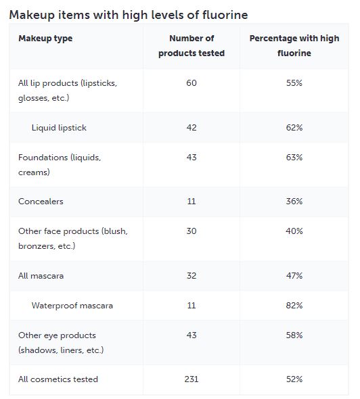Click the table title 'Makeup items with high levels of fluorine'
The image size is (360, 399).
point(129,15)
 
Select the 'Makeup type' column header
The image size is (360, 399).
point(45,39)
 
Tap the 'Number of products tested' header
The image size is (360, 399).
point(192,45)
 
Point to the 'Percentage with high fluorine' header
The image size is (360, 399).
point(294,45)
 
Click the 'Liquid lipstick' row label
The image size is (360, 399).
point(59,128)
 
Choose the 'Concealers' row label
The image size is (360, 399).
point(41,202)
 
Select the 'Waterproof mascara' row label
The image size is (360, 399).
point(72,306)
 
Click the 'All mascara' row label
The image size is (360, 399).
point(41,276)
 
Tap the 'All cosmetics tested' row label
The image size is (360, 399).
point(58,379)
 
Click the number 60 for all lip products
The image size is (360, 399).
point(192,83)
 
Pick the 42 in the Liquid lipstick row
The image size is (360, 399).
point(192,128)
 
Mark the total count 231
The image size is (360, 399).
point(192,379)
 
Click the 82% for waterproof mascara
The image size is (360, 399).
point(294,306)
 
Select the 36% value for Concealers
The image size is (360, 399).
point(294,202)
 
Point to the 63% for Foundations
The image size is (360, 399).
point(294,158)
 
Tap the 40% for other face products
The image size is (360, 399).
point(294,231)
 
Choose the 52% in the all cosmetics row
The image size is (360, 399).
point(294,379)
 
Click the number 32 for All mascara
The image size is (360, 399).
point(192,276)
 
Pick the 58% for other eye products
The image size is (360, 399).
point(294,335)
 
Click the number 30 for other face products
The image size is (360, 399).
point(192,231)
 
